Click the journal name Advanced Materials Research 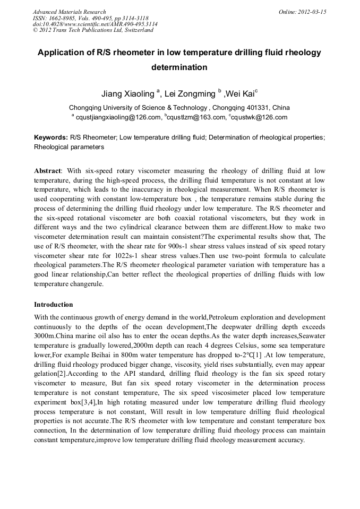[x=69, y=12]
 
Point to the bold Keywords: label [x=50, y=137]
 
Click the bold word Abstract [x=47, y=171]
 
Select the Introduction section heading [x=54, y=305]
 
